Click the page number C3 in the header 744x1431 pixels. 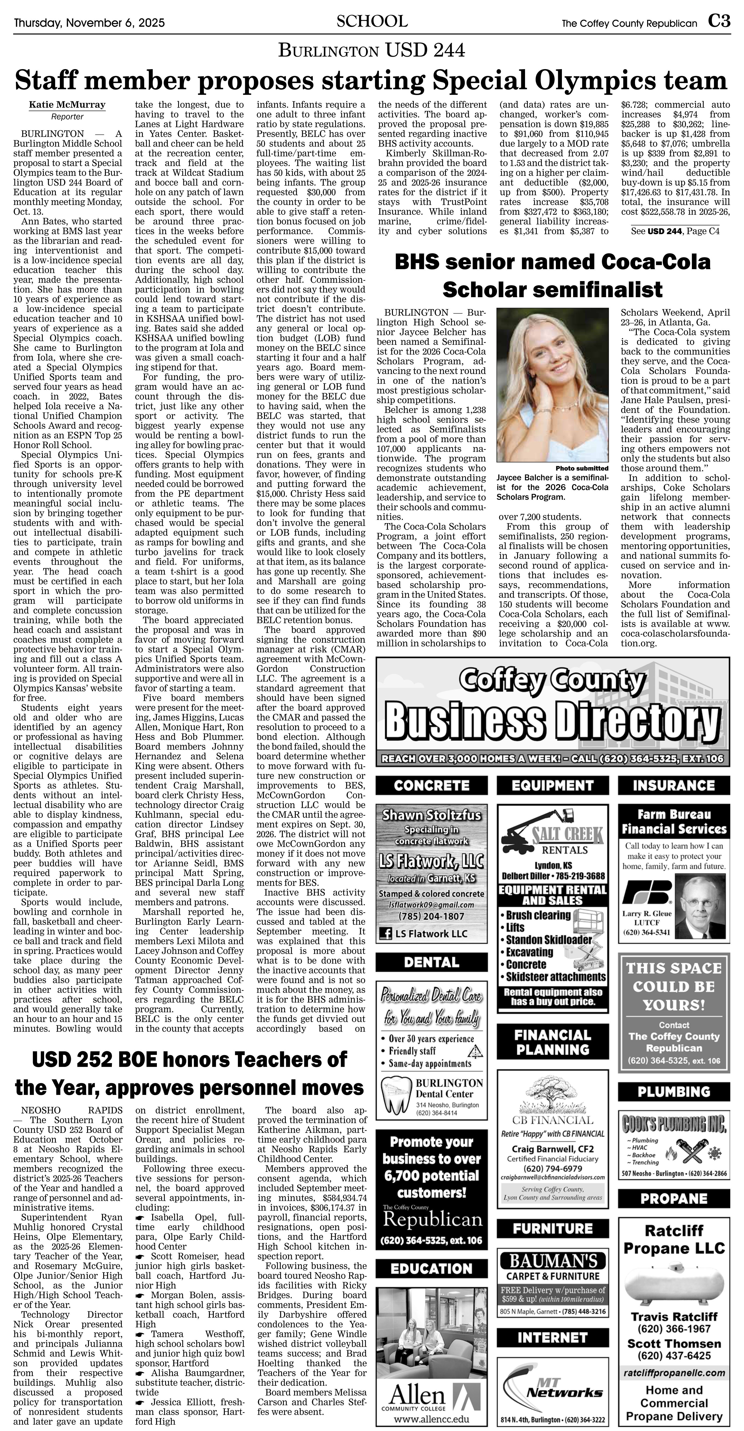(x=719, y=22)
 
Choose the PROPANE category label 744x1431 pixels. (x=674, y=1198)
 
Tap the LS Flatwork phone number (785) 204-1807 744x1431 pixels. (x=432, y=916)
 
